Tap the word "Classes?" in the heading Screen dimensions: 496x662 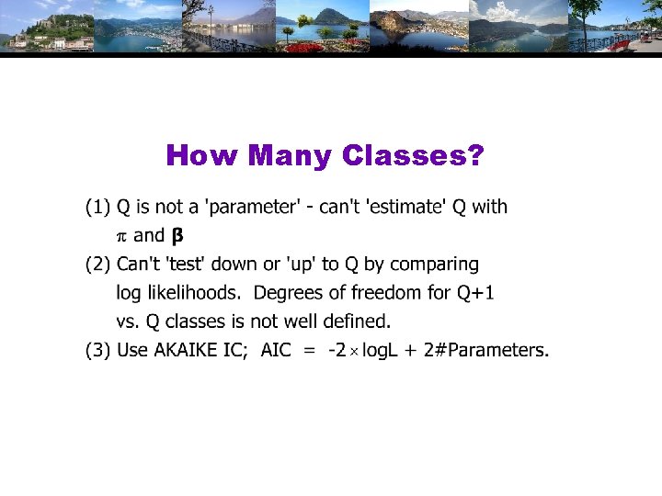point(413,156)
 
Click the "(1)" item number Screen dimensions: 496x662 point(97,207)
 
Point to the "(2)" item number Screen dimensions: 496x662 point(97,265)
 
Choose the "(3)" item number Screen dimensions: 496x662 point(97,350)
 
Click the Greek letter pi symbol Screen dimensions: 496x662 point(121,236)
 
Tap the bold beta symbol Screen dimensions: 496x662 point(177,236)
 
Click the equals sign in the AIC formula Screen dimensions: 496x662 point(310,350)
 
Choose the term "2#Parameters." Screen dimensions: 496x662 point(486,350)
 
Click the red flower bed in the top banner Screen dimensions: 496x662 point(305,47)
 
